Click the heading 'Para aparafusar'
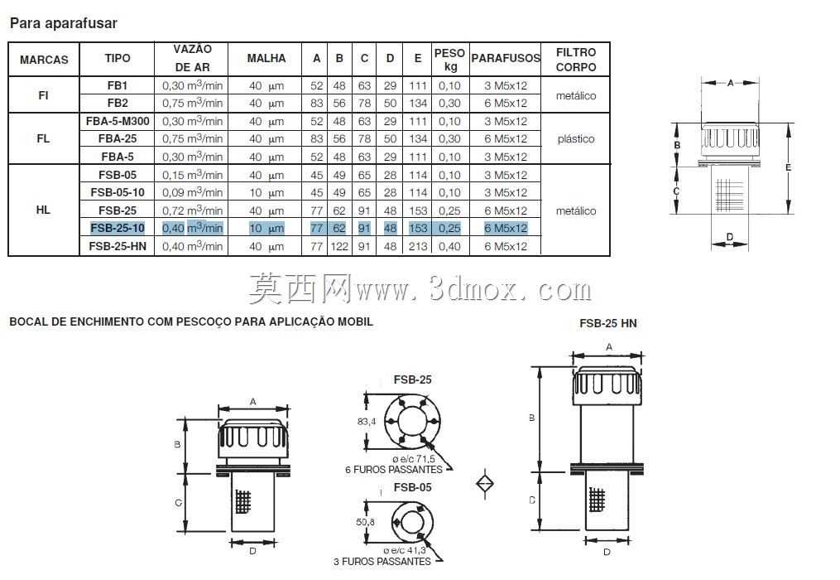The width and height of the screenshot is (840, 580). (63, 23)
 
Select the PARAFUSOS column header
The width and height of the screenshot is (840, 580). (505, 58)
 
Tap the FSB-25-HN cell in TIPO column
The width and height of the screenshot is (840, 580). (118, 246)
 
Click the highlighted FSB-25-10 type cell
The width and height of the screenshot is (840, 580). (118, 228)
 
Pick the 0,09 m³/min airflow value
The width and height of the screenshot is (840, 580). (192, 192)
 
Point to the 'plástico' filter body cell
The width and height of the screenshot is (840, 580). (576, 139)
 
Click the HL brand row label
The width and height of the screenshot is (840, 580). (43, 210)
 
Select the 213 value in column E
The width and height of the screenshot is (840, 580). (418, 246)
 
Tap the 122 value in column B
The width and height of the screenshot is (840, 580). (339, 246)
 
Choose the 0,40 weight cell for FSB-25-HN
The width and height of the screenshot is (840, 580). (449, 246)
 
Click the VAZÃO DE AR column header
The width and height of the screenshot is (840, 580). (192, 58)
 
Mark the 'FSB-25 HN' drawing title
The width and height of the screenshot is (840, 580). (608, 323)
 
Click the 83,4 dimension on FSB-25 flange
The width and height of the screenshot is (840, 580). (367, 422)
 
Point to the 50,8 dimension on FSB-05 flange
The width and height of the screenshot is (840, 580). (365, 521)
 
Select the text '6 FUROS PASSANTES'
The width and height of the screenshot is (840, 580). (394, 470)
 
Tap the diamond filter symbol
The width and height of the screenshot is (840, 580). (485, 483)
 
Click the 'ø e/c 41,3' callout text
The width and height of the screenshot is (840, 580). (405, 550)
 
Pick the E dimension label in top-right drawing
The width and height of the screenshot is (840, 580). (788, 167)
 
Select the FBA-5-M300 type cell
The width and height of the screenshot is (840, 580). (118, 121)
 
